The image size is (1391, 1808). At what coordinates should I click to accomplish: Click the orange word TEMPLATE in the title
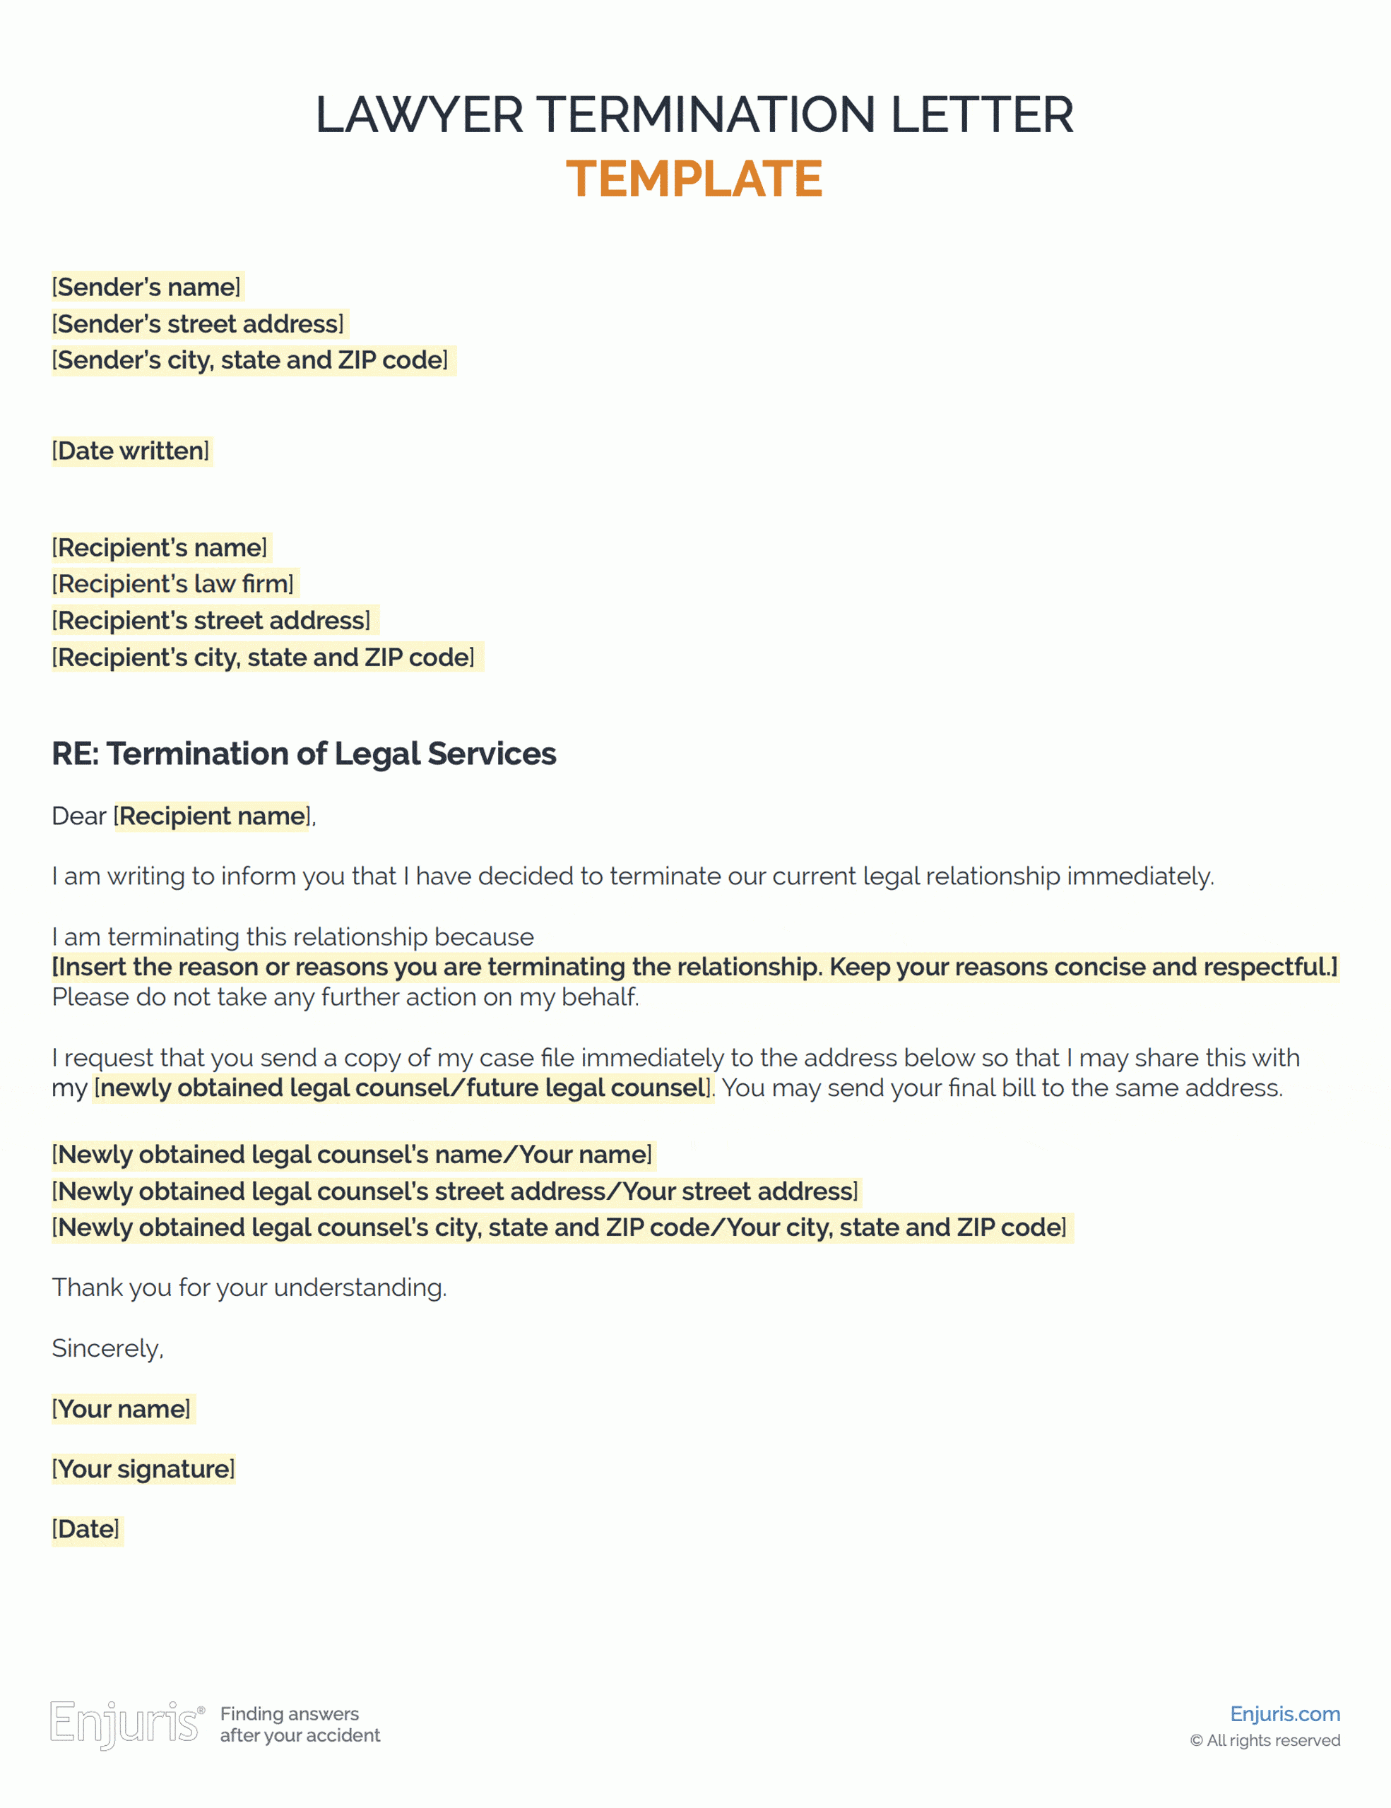pos(694,179)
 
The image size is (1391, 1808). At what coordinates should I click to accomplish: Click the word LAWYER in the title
pos(419,114)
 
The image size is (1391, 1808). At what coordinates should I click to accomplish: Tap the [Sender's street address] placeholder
pos(198,323)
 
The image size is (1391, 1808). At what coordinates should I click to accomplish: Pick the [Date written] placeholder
pos(131,451)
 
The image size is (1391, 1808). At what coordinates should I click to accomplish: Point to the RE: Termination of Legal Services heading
pos(304,754)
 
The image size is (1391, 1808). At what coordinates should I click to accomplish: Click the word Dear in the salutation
pos(78,816)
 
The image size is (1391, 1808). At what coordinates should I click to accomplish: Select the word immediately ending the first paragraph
pos(1140,876)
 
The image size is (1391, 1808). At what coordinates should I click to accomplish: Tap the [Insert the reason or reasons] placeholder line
pos(694,967)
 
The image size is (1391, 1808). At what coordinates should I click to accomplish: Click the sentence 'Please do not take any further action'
pos(345,997)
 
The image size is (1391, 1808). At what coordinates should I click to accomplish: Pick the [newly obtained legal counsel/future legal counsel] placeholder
pos(403,1088)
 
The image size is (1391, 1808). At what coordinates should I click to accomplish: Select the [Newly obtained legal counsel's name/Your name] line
pos(352,1155)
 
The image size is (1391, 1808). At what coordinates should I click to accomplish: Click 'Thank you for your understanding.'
pos(249,1288)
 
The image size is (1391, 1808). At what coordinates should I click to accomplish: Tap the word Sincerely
pos(107,1348)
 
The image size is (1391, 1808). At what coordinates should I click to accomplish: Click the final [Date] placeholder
pos(86,1530)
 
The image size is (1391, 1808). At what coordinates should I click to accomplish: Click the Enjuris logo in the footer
pos(126,1725)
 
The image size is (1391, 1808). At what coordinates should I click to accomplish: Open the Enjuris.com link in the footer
pos(1284,1713)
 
